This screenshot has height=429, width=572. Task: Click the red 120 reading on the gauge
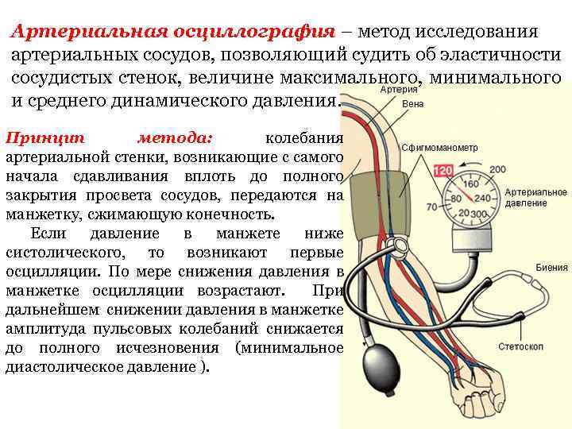click(443, 171)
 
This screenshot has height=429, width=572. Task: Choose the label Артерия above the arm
click(398, 91)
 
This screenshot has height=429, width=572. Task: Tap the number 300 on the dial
click(481, 214)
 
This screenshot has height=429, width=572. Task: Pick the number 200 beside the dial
click(498, 169)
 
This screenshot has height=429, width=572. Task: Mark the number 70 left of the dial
click(431, 207)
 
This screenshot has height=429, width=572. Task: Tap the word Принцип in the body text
click(35, 137)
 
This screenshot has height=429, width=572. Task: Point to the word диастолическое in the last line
click(68, 367)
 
